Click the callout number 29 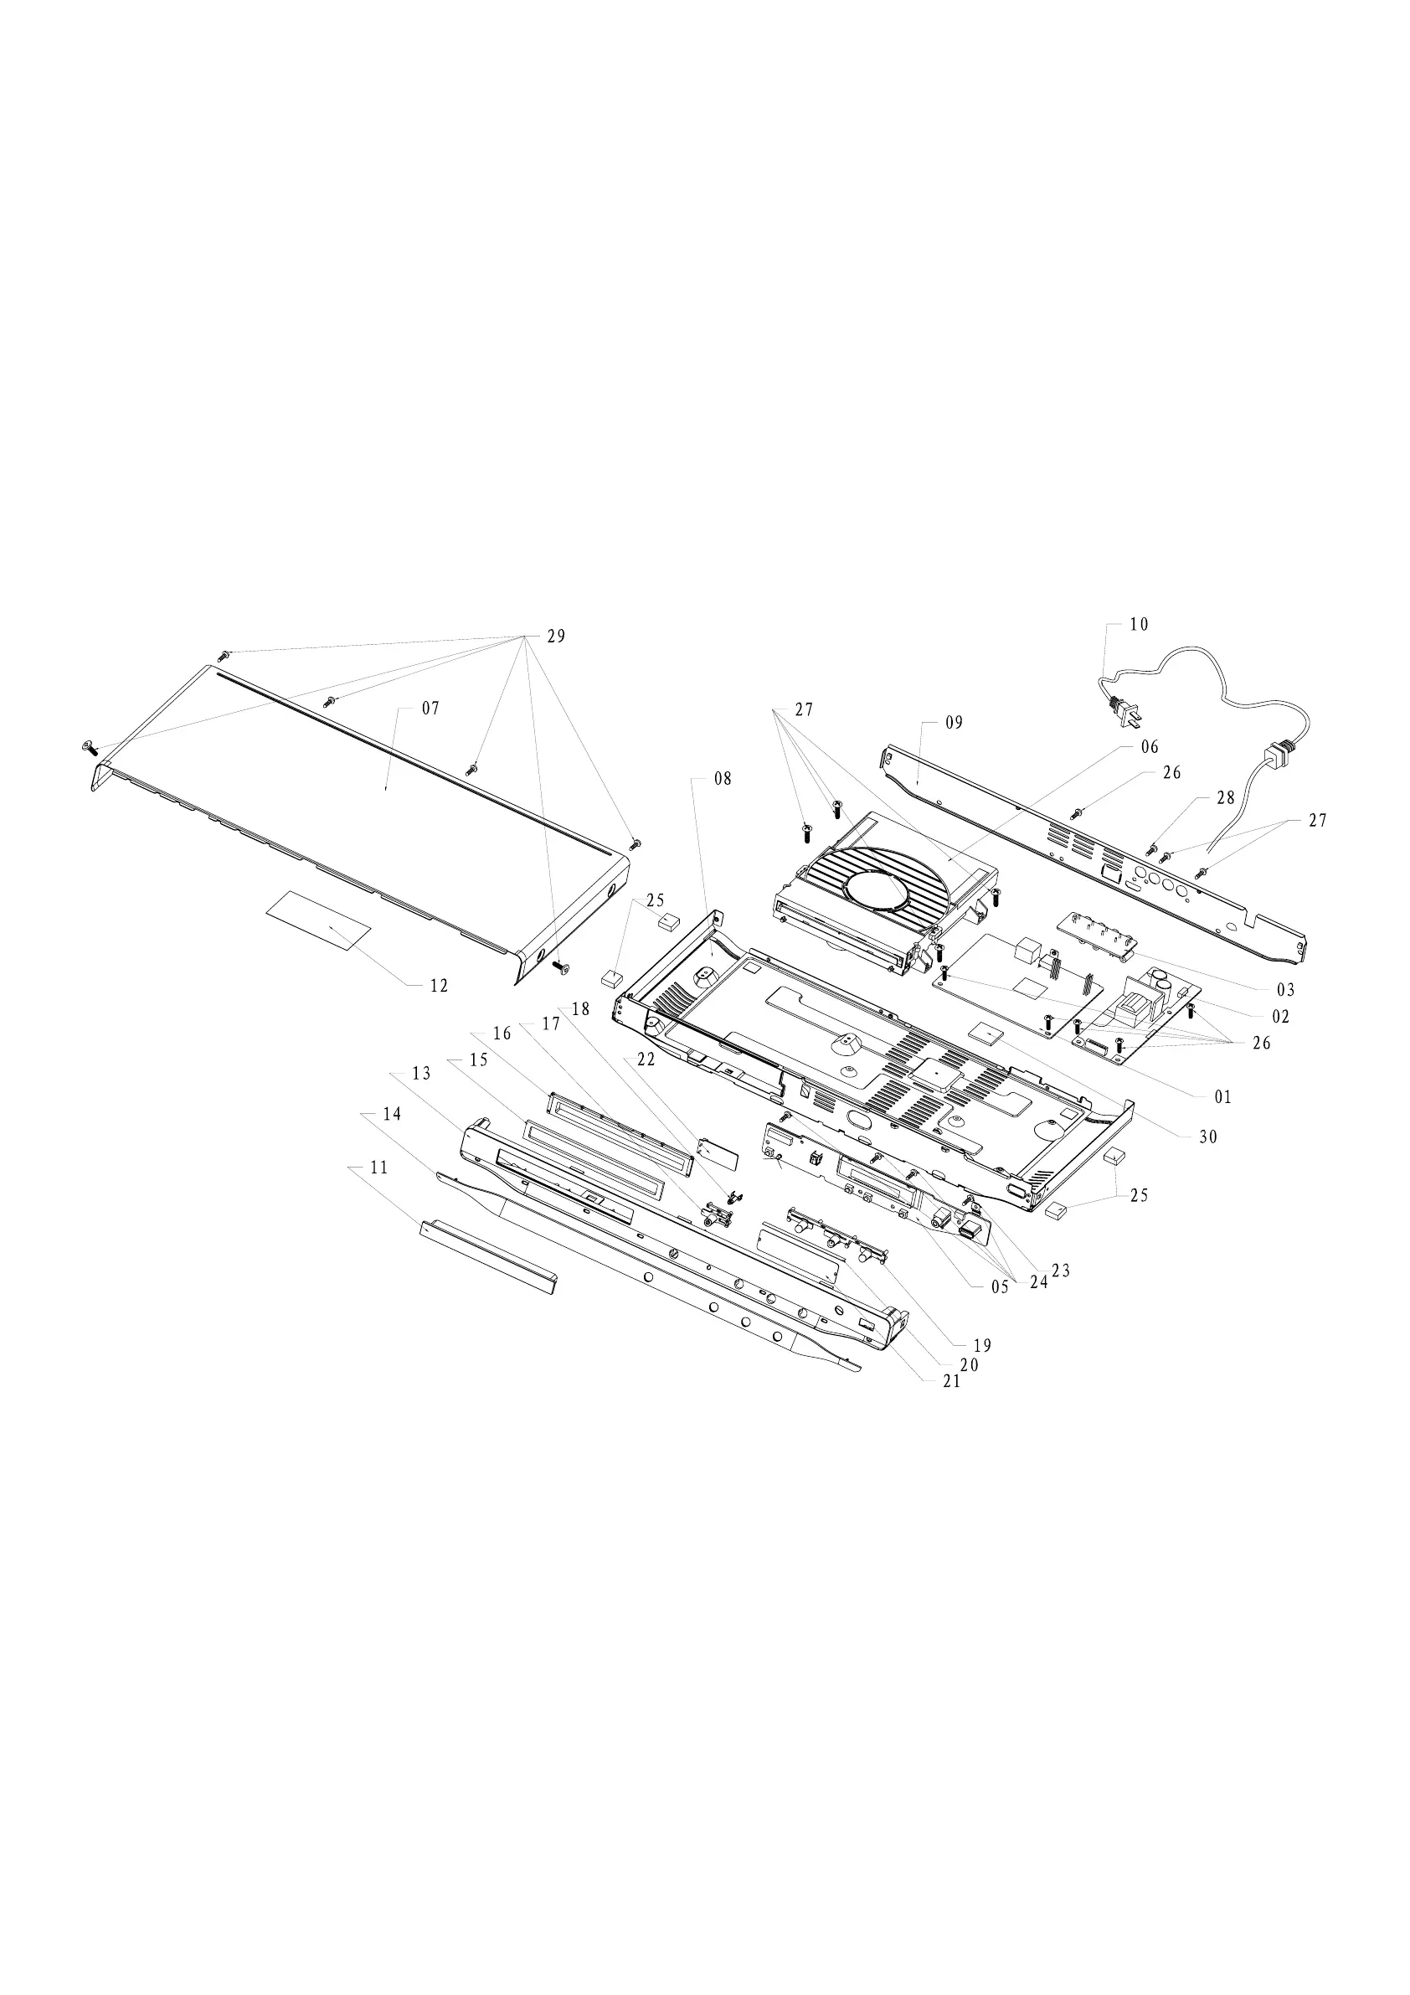tap(556, 636)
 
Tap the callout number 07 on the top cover tap(431, 709)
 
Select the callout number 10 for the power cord tap(1139, 624)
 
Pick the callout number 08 tap(723, 779)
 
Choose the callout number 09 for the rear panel tap(954, 723)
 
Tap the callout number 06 tap(1150, 747)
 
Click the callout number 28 tap(1226, 797)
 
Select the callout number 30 tap(1208, 1137)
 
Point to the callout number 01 tap(1223, 1097)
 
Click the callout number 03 tap(1286, 990)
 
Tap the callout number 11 tap(378, 1168)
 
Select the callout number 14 tap(392, 1114)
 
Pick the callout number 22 tap(646, 1059)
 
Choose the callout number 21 tap(952, 1382)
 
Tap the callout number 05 tap(1000, 1288)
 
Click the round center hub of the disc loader tap(876, 891)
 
